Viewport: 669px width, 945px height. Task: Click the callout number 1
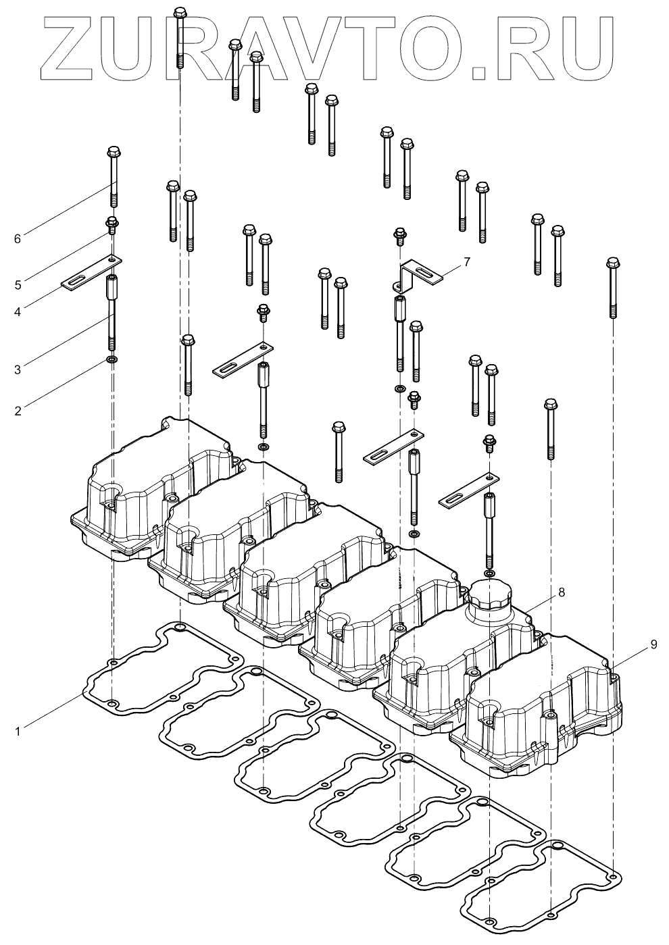tap(18, 730)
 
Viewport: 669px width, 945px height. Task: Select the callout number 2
tap(18, 410)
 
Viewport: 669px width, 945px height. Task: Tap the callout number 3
tap(18, 369)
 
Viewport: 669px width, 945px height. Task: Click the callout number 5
tap(18, 284)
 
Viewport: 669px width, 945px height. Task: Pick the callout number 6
tap(18, 238)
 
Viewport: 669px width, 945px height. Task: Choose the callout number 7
tap(467, 260)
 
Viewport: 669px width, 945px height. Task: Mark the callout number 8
tap(562, 592)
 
